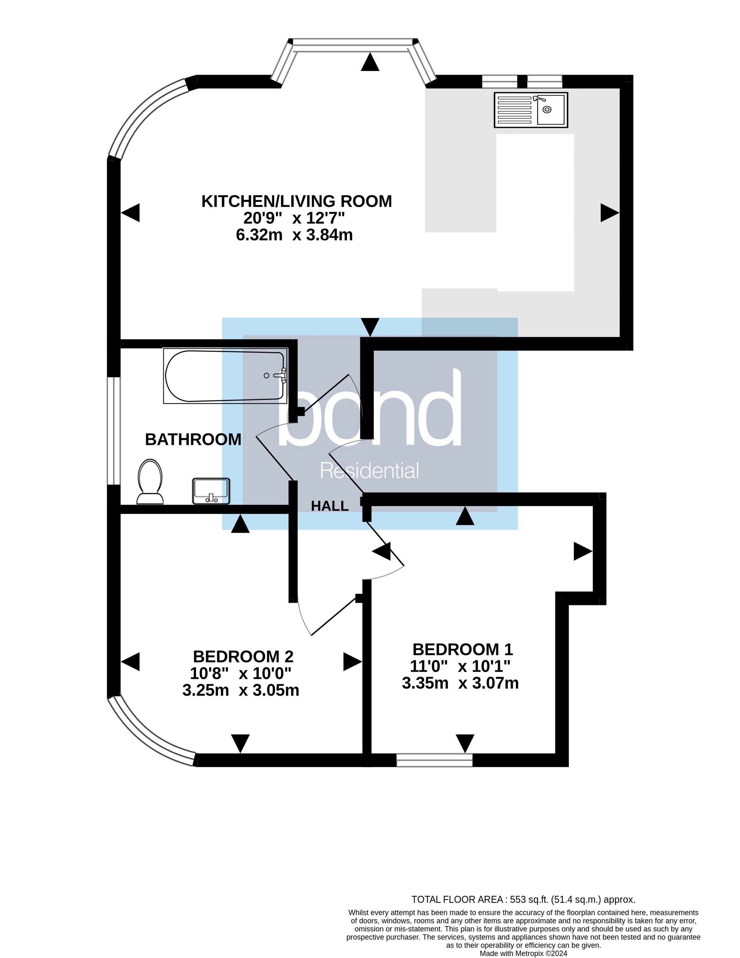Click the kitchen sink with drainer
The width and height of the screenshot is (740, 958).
click(x=531, y=110)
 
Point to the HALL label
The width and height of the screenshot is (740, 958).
click(x=330, y=506)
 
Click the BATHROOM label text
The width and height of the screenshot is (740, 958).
click(x=193, y=439)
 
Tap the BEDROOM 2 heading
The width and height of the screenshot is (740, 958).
click(x=243, y=657)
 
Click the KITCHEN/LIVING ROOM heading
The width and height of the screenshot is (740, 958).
click(x=297, y=201)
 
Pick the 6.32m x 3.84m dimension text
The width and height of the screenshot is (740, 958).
click(x=294, y=235)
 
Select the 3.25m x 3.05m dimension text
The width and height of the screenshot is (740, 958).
click(x=241, y=691)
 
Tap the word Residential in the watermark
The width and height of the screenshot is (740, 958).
click(x=369, y=471)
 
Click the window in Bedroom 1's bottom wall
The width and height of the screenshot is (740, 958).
click(x=434, y=760)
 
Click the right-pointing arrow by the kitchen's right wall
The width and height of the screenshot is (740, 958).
click(x=609, y=213)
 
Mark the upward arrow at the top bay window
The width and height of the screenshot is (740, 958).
click(x=370, y=62)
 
